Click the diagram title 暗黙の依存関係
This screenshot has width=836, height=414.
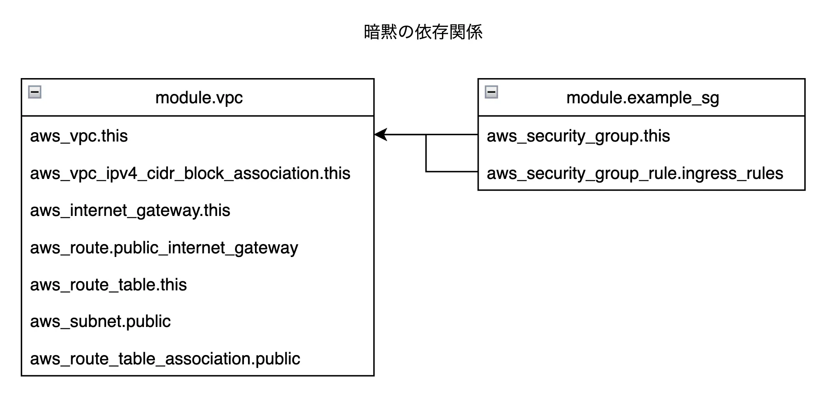423,32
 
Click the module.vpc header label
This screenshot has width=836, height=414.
199,98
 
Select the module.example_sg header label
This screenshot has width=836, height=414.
642,98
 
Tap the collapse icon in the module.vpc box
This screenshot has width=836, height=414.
35,92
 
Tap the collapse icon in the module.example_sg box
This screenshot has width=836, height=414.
491,92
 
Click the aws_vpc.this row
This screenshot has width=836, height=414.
79,136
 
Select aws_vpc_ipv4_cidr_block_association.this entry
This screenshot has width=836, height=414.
190,173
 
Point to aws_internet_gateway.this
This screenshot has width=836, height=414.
130,210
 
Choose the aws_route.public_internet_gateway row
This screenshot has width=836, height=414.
164,248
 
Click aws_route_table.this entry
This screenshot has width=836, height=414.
108,285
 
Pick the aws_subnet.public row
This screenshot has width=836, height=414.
100,321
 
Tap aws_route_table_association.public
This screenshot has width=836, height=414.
165,359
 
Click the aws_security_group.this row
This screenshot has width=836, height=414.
578,136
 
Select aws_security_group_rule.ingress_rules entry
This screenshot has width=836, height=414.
634,173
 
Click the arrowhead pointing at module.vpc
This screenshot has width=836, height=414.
381,135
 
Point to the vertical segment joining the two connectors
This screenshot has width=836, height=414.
426,153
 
